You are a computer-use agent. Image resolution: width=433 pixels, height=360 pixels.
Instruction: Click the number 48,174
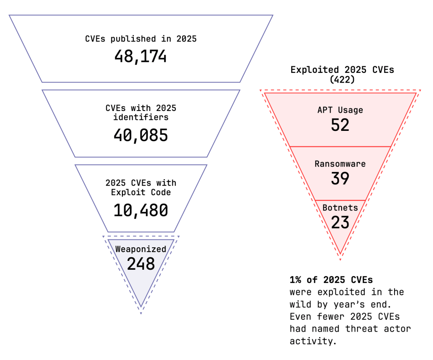point(141,56)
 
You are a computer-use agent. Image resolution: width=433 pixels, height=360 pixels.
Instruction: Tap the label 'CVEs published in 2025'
point(141,39)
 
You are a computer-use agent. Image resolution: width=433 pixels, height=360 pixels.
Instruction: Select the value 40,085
point(141,135)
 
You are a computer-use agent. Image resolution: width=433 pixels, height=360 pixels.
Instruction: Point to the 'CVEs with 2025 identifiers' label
point(141,112)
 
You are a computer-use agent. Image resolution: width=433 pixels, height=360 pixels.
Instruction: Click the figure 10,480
point(141,210)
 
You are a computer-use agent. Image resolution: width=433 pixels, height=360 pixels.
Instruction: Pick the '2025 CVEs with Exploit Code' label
point(141,188)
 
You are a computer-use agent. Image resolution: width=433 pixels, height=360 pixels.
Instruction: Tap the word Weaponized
point(141,249)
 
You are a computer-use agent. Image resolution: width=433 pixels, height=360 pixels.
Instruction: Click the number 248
point(141,264)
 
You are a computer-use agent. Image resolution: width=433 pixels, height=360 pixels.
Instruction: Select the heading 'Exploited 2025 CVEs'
point(342,70)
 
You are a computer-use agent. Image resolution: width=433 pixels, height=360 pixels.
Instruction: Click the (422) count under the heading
point(342,79)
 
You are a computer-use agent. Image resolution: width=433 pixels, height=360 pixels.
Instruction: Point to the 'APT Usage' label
point(340,110)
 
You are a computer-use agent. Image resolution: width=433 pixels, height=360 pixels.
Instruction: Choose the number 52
point(340,125)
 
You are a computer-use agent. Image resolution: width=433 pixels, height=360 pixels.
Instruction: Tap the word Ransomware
point(340,164)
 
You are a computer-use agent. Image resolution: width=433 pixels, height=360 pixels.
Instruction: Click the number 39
point(340,178)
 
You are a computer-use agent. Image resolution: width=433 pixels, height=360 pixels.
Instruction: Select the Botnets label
point(340,208)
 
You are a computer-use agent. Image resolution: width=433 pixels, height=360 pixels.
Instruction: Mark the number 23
point(340,222)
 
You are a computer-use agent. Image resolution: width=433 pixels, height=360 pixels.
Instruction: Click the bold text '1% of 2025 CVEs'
point(331,280)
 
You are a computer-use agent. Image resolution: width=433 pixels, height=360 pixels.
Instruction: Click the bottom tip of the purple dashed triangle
point(141,313)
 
